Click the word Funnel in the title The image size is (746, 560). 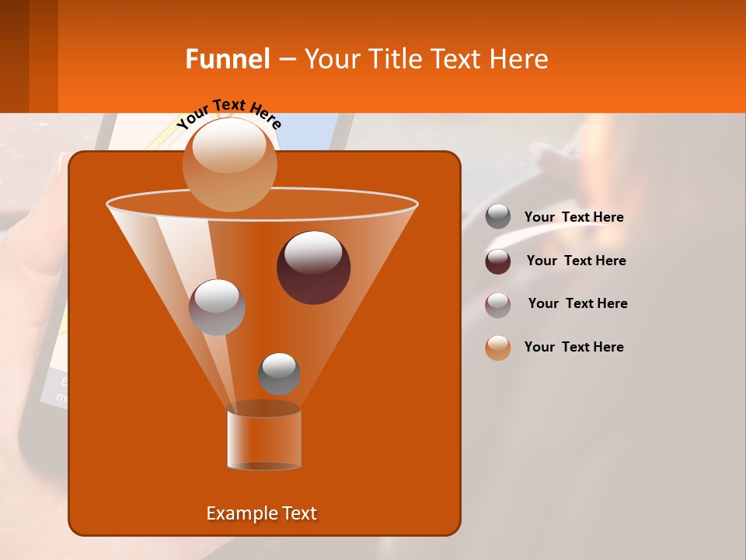click(227, 59)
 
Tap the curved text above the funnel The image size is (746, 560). click(228, 112)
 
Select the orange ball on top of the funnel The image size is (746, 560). click(230, 164)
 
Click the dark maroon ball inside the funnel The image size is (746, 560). click(314, 268)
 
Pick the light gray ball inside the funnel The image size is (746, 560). click(217, 307)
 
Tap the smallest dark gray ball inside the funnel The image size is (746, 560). click(279, 373)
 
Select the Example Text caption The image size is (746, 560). click(261, 513)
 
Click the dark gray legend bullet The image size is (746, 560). click(498, 217)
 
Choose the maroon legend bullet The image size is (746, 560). click(498, 261)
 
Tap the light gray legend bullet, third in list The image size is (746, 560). click(498, 305)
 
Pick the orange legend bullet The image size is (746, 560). click(498, 348)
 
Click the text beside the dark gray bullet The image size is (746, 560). click(573, 217)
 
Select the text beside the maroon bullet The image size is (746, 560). click(576, 261)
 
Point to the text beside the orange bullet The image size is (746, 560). click(573, 347)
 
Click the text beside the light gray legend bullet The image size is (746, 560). click(577, 303)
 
